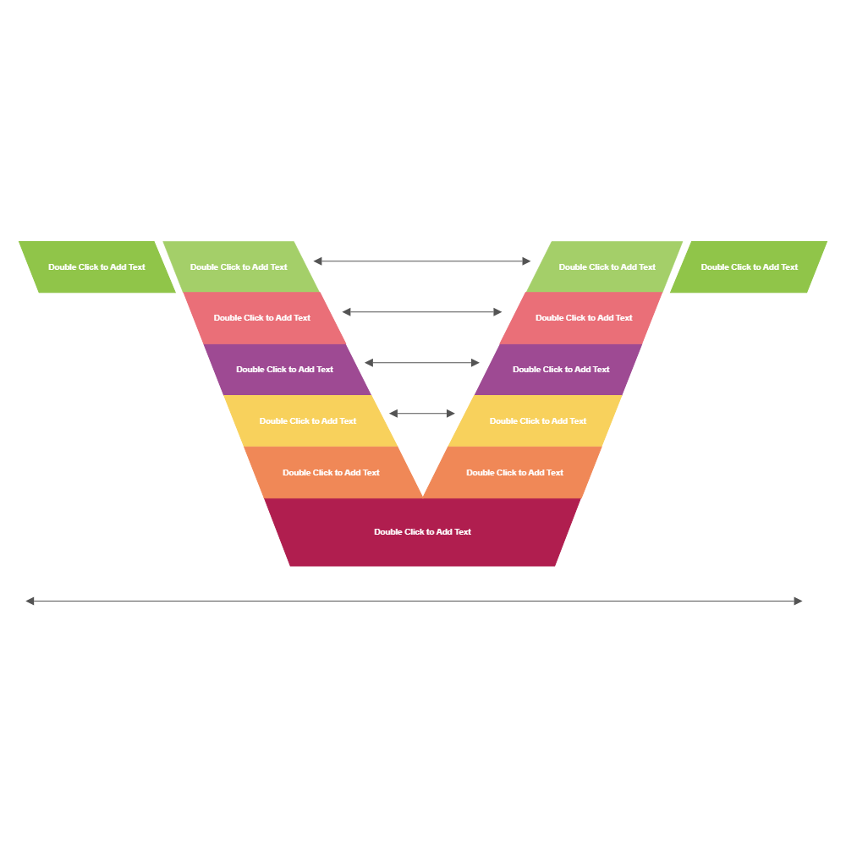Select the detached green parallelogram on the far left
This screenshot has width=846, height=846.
click(x=96, y=267)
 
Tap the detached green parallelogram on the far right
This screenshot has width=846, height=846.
click(x=750, y=267)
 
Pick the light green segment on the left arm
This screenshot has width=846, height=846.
click(x=239, y=267)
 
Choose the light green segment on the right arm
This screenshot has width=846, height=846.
click(x=607, y=267)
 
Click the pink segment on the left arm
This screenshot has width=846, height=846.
click(x=262, y=318)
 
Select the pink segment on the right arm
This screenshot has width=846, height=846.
click(x=584, y=318)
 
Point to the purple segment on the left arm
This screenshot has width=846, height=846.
click(x=285, y=370)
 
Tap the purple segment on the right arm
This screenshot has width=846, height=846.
click(x=561, y=370)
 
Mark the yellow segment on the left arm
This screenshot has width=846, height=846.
click(x=308, y=421)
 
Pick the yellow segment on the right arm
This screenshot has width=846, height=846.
click(x=538, y=421)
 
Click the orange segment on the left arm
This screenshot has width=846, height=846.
click(x=331, y=473)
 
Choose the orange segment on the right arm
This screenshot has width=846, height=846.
click(x=514, y=473)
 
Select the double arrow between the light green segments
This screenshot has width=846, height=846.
click(x=422, y=261)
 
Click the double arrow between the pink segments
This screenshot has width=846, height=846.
click(x=422, y=312)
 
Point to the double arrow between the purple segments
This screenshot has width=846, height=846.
click(x=422, y=363)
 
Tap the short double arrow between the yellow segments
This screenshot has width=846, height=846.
click(x=422, y=414)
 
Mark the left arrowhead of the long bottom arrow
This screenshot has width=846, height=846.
click(x=30, y=602)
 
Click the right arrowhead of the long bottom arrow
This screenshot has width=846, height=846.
click(x=798, y=602)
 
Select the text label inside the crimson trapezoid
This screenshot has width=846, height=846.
click(x=422, y=532)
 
